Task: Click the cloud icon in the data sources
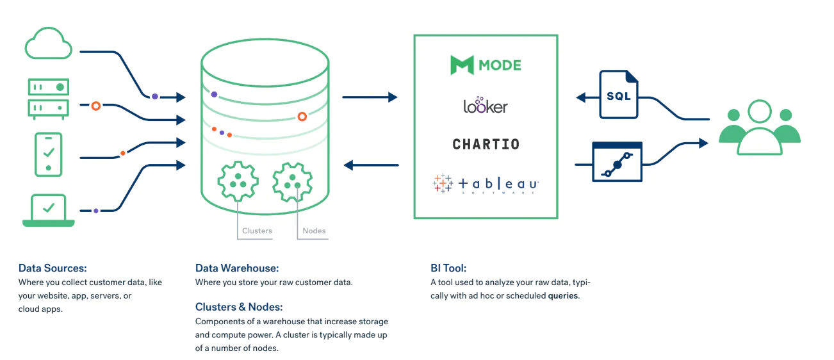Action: click(x=49, y=44)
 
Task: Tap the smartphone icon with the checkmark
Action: click(x=49, y=154)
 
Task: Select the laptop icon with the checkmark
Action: click(x=49, y=210)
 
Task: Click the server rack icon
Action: click(x=49, y=97)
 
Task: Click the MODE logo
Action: click(x=486, y=65)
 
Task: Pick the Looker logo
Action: click(x=486, y=105)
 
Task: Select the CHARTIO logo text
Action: click(x=486, y=144)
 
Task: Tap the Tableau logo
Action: click(x=486, y=184)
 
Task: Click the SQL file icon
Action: click(x=618, y=95)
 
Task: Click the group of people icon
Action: click(x=759, y=127)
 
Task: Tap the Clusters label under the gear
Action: click(x=257, y=231)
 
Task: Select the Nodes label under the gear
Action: click(x=314, y=231)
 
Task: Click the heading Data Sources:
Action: click(x=53, y=268)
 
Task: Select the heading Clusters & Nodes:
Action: click(x=239, y=307)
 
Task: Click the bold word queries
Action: click(x=563, y=296)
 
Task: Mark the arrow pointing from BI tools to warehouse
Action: click(x=372, y=165)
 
